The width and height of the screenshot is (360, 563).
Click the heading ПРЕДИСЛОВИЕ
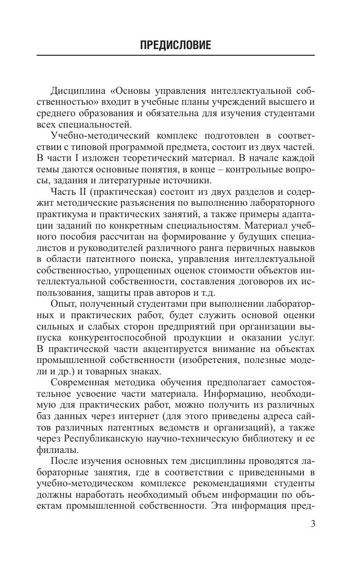pos(175,46)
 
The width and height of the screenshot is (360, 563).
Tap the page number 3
pos(312,538)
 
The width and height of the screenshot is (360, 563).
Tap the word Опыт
pos(65,304)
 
